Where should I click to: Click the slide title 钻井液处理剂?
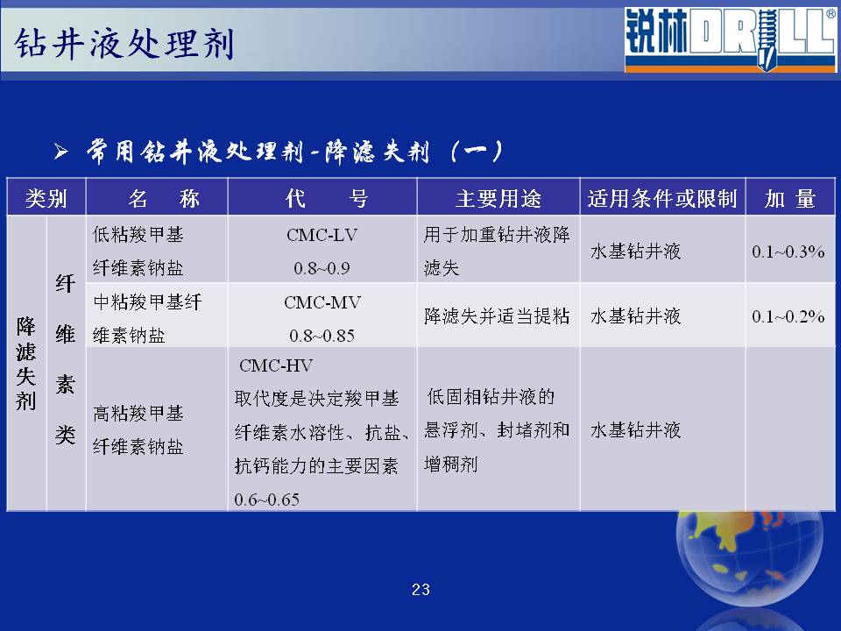point(124,43)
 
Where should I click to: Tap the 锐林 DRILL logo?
point(730,39)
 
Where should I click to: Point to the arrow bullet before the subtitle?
point(60,152)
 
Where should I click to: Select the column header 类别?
point(46,199)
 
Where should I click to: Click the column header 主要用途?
point(498,199)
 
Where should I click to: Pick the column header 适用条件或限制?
point(662,199)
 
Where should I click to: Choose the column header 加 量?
point(790,199)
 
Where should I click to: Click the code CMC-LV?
point(322,235)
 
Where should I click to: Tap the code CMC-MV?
point(322,302)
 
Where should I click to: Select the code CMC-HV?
point(276,366)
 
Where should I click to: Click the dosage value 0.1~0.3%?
point(788,252)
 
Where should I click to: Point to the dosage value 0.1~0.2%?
point(788,316)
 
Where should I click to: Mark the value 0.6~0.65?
point(266,500)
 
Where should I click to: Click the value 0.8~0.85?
point(322,336)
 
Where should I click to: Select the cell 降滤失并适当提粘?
point(497,316)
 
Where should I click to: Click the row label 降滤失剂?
point(25,363)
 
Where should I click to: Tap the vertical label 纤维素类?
point(66,359)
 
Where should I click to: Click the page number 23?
point(420,590)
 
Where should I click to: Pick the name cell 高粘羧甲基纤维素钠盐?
point(138,429)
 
